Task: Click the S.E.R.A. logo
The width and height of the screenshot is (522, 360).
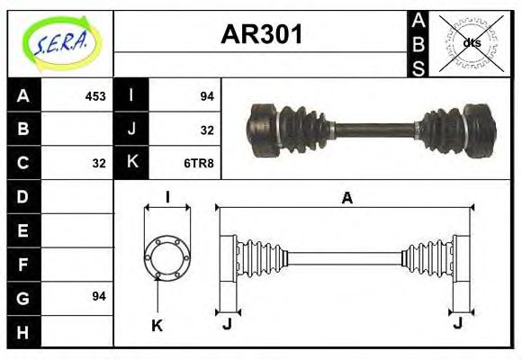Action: point(60,42)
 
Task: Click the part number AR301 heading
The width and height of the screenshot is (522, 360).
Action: point(262,35)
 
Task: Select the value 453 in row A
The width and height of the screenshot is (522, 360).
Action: point(95,95)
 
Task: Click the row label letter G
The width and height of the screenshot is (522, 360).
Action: point(23,296)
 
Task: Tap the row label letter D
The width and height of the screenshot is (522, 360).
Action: point(23,195)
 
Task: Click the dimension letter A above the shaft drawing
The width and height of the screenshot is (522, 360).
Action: point(346,199)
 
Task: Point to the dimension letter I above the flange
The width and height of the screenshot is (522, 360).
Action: point(167,198)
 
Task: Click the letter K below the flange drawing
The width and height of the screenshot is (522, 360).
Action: point(157,326)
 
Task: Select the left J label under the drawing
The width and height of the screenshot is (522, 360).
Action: point(227,324)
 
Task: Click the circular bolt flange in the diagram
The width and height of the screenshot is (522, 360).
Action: point(167,257)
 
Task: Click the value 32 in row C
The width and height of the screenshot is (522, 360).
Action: point(99,163)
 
